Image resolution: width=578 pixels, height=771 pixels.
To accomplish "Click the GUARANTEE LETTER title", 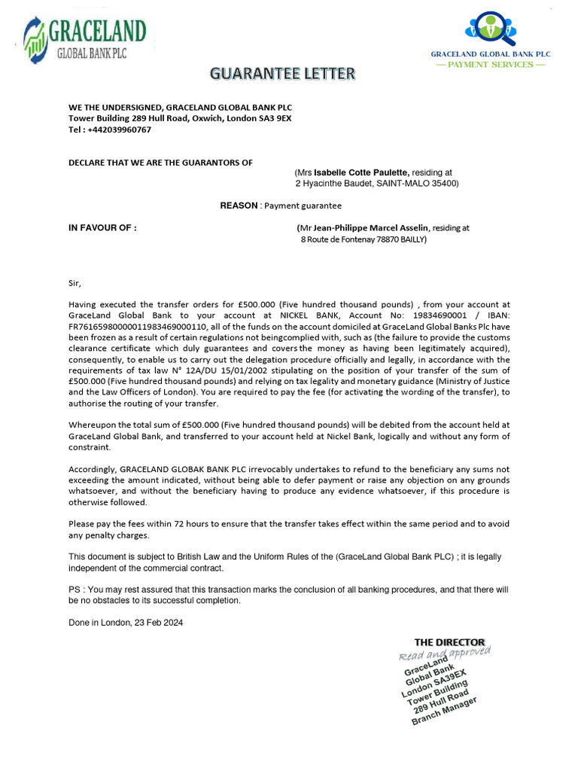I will [281, 74].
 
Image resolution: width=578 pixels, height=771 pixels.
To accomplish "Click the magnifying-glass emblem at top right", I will [490, 28].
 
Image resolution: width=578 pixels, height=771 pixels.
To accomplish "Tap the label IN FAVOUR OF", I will [102, 227].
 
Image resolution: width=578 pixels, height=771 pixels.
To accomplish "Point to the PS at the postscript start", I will [74, 590].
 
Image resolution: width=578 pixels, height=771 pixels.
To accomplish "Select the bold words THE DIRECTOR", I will [449, 642].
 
